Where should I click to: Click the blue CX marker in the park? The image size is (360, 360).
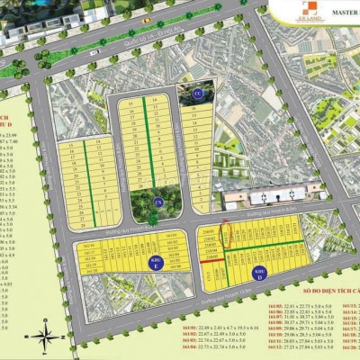(x=158, y=202)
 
